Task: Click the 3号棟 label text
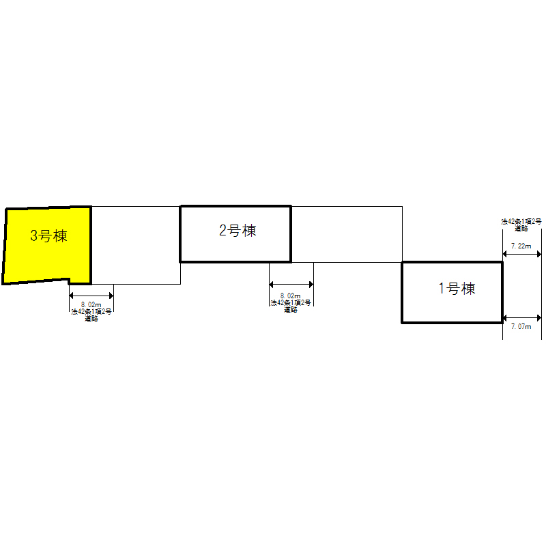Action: coord(48,235)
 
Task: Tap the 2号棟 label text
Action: coord(238,231)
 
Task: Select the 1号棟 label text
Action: coord(457,289)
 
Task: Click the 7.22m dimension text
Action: coord(521,246)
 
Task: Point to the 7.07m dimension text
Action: coord(521,326)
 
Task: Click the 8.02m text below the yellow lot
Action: coord(91,304)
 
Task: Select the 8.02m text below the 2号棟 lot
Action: coord(291,296)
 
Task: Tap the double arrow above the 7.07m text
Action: coord(522,317)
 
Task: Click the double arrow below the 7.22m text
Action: coord(522,254)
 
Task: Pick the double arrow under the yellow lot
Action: coord(91,296)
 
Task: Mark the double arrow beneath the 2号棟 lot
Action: coord(291,285)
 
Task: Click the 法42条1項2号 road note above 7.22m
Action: coord(521,225)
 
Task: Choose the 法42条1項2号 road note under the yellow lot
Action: coord(91,315)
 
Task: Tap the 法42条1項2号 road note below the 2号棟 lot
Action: coord(291,306)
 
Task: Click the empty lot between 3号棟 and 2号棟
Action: coord(136,245)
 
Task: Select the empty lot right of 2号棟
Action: coord(347,234)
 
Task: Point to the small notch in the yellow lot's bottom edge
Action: coord(69,281)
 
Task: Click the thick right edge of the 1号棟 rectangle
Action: coord(502,293)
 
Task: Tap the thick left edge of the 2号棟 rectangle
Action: coord(180,234)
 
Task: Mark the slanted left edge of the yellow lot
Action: coord(5,246)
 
